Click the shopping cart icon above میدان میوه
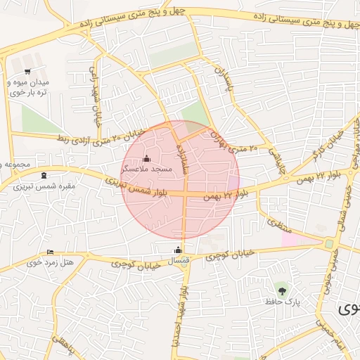(x=27, y=72)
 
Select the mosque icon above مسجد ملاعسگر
(x=146, y=157)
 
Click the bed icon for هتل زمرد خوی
(x=50, y=252)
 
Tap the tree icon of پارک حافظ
(x=282, y=289)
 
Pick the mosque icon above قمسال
(x=178, y=250)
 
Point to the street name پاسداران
(x=223, y=83)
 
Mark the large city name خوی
(x=348, y=308)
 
